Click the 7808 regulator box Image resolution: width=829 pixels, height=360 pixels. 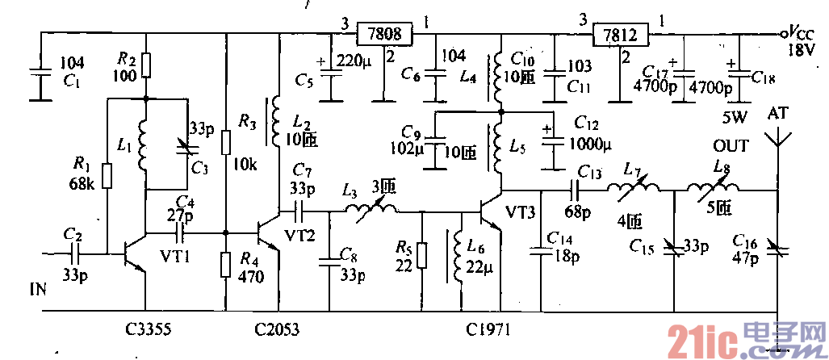tap(384, 35)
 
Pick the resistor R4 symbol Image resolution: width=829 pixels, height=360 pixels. tap(226, 264)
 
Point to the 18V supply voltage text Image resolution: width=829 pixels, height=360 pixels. tap(802, 51)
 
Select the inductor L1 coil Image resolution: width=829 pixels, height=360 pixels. tap(145, 145)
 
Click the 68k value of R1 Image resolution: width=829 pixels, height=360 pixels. tap(82, 184)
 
